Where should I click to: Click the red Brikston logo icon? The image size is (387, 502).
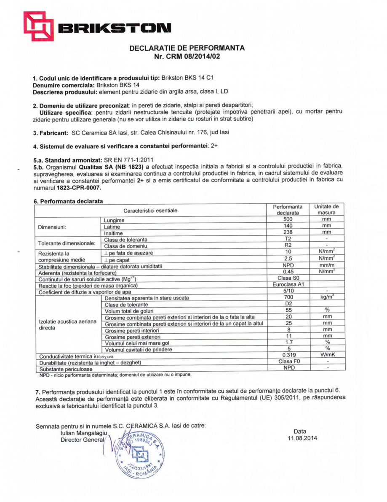click(x=37, y=26)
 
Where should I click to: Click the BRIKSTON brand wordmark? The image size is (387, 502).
click(x=114, y=29)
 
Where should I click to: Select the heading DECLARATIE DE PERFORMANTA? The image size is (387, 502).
click(x=187, y=48)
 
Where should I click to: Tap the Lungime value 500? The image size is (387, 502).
click(x=288, y=220)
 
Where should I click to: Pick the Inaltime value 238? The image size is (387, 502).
click(x=288, y=232)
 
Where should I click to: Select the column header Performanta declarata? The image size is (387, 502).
click(x=288, y=210)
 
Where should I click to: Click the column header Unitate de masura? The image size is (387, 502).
click(x=326, y=210)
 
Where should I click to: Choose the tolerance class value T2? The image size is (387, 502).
click(x=288, y=239)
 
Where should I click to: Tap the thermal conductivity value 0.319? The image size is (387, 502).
click(x=288, y=355)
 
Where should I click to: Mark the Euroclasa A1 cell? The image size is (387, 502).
click(x=288, y=285)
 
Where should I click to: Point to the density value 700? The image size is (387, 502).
click(x=288, y=297)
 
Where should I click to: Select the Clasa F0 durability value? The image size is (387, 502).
click(x=288, y=362)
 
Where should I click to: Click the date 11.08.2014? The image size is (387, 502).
click(x=300, y=438)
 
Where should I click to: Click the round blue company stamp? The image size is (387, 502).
click(x=139, y=454)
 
